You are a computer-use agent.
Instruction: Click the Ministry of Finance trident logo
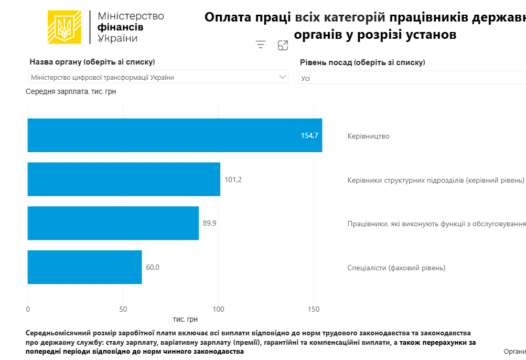click(x=65, y=27)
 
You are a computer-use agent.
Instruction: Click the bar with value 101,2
click(x=124, y=179)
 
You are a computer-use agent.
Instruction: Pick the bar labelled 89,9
click(x=113, y=223)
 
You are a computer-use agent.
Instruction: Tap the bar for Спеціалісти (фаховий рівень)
click(x=84, y=267)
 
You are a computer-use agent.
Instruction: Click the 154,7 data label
click(x=309, y=135)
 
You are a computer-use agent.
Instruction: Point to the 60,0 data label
click(x=153, y=267)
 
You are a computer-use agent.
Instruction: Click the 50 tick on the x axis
click(x=123, y=309)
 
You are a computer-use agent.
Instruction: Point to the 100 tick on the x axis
click(x=218, y=309)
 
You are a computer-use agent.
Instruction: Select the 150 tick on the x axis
click(x=313, y=309)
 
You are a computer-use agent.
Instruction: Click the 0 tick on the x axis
click(x=28, y=309)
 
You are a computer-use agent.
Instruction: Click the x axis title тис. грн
click(x=185, y=319)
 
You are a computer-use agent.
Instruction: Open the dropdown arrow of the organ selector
click(x=283, y=77)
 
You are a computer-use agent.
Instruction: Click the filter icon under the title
click(x=261, y=45)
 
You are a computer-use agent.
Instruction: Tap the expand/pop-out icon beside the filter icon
click(x=283, y=45)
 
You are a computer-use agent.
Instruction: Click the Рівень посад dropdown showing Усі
click(x=412, y=78)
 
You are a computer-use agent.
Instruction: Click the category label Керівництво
click(x=368, y=136)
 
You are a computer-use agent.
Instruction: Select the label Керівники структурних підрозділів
click(x=435, y=180)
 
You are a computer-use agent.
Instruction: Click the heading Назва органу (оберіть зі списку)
click(x=92, y=62)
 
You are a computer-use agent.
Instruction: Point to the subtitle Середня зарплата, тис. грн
click(x=71, y=91)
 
